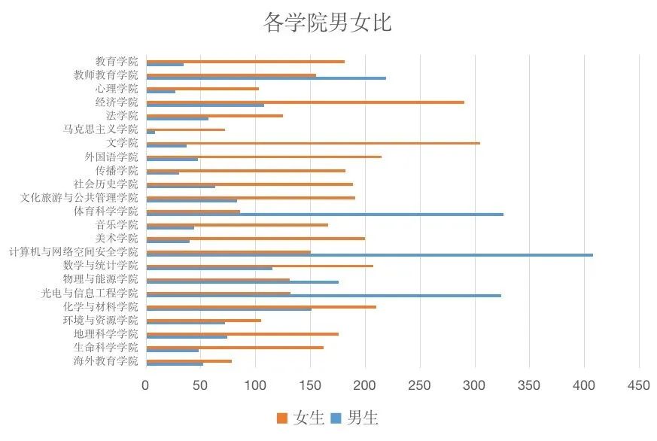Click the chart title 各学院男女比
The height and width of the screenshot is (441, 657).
(327, 23)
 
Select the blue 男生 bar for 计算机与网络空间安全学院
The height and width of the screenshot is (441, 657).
(369, 255)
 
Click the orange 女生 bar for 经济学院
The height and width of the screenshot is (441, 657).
(305, 102)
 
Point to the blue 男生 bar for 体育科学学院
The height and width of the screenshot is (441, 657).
(324, 214)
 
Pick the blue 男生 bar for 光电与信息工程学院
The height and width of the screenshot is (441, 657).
(323, 296)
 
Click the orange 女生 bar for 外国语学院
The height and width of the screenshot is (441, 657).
(263, 157)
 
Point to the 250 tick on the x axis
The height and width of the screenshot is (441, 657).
(420, 385)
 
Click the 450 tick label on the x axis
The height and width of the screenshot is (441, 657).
(639, 385)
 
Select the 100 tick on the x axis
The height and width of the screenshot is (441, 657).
(256, 385)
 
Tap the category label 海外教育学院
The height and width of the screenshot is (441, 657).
(106, 361)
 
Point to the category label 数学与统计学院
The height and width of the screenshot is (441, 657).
(101, 266)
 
